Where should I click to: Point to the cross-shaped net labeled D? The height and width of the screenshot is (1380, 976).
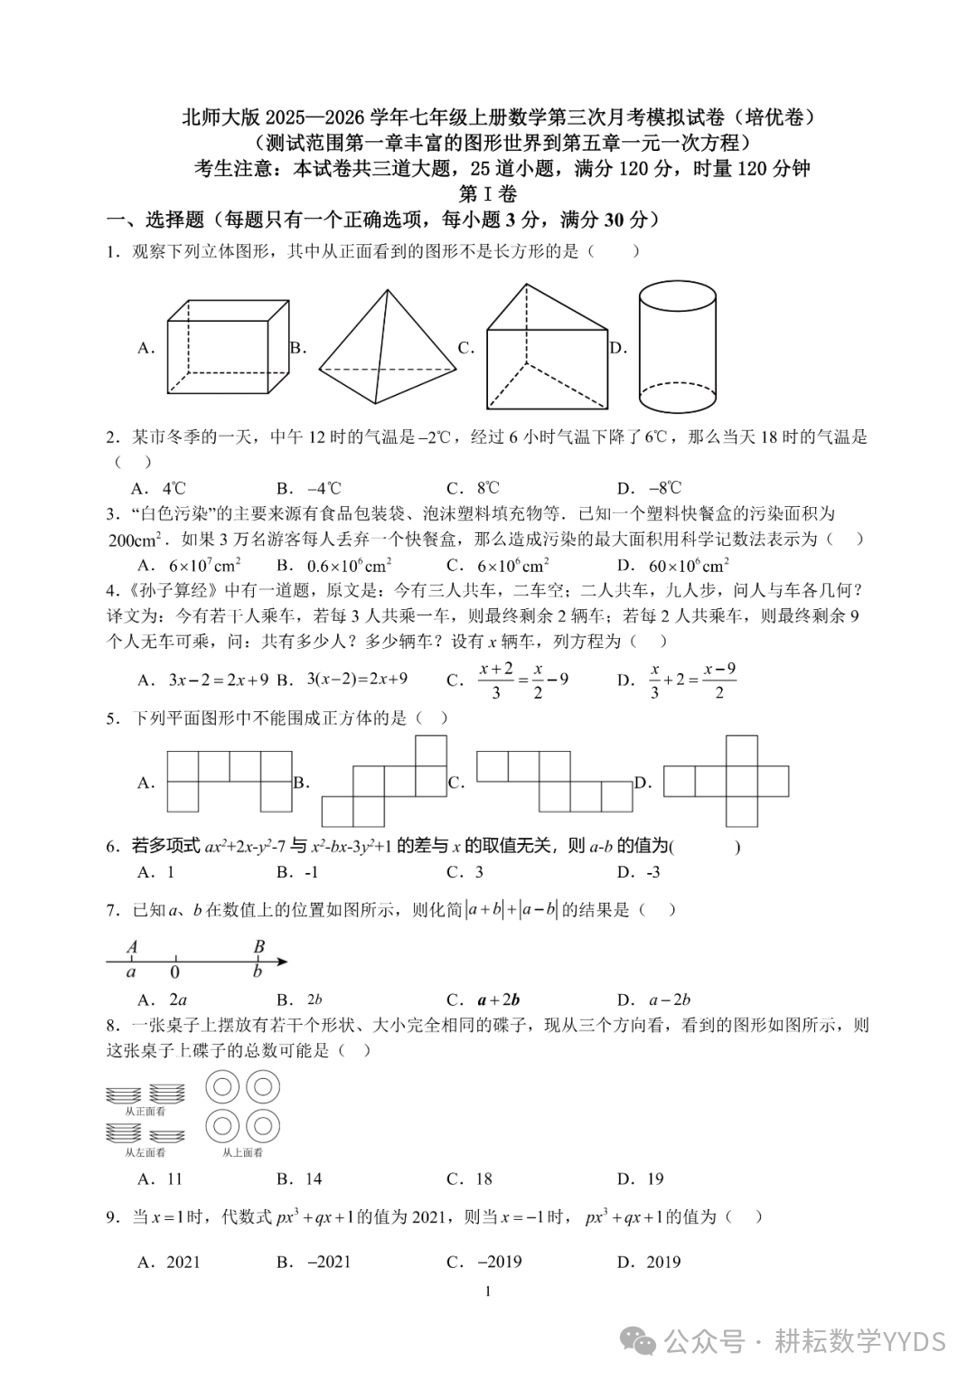click(727, 781)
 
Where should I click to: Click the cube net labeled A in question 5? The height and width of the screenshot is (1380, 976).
click(229, 781)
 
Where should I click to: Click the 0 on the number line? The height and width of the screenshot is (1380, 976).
click(174, 972)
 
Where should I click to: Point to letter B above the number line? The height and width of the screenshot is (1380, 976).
click(258, 947)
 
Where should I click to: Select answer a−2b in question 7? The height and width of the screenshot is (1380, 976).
click(669, 1000)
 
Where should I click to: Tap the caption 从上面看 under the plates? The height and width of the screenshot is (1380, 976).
click(243, 1152)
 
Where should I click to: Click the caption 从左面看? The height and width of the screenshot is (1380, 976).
click(145, 1152)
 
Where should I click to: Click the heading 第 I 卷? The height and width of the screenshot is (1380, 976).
click(488, 193)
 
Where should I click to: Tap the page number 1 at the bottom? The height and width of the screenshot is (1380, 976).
click(488, 1291)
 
